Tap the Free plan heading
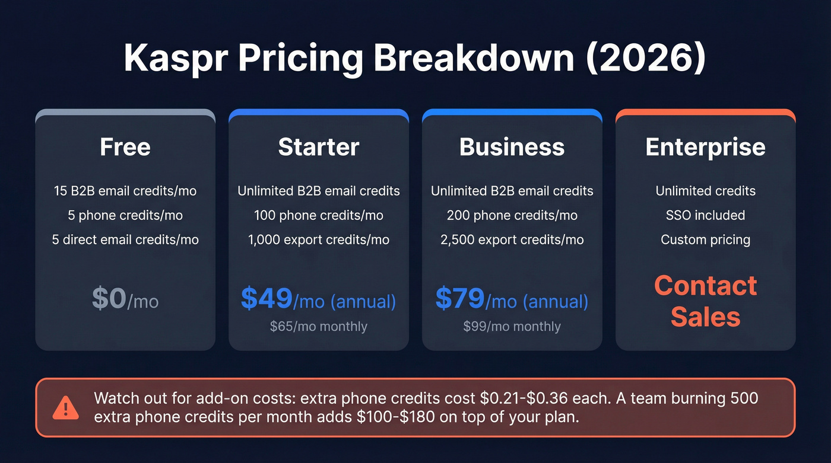coord(125,147)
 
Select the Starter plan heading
coord(319,147)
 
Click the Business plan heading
coord(512,147)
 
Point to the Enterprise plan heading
coord(705,147)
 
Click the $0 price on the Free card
coord(109,299)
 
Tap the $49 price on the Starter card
coord(267,299)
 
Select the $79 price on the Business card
coord(460,299)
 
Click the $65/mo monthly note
coord(319,327)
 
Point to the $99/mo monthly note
coord(512,327)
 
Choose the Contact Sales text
coord(705,301)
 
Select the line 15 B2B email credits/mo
coord(125,191)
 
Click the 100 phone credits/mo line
coord(319,215)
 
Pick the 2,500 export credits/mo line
coord(512,240)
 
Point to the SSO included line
coord(705,215)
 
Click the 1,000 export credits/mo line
coord(319,240)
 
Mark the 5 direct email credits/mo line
coord(125,240)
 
